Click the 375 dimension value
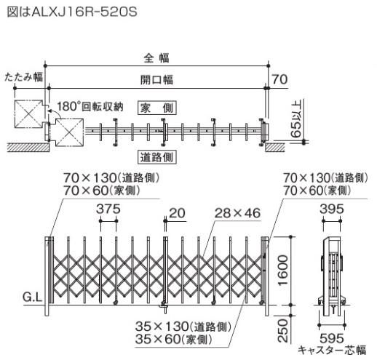point(108,209)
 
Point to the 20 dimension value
point(177,212)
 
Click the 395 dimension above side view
point(332,209)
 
